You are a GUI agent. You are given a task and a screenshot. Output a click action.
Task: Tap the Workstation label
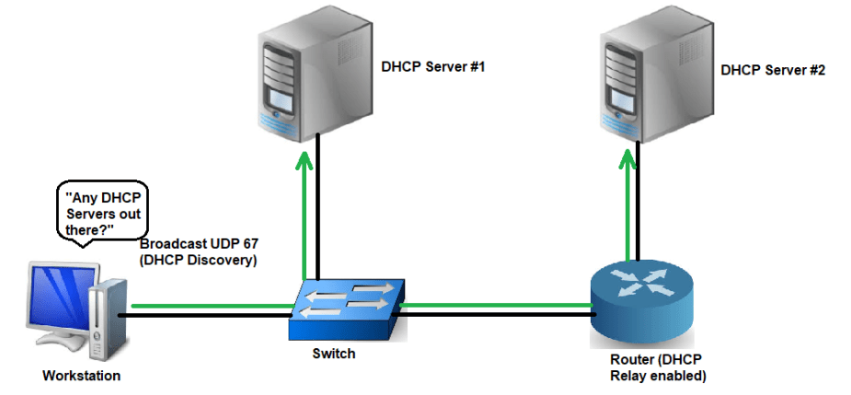tap(81, 376)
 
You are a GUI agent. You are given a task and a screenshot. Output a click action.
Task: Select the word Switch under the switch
tap(334, 353)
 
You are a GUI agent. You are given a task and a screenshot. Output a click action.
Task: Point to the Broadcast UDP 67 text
tap(199, 244)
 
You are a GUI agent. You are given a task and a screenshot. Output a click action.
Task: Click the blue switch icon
tap(346, 308)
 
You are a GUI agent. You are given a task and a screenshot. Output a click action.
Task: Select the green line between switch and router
tap(497, 303)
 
